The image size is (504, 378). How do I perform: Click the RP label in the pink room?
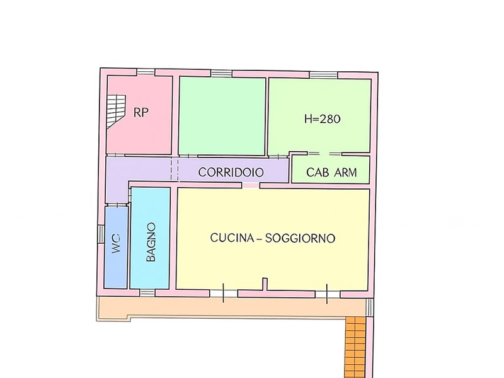pos(141,113)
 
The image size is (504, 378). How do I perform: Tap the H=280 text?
pos(323,119)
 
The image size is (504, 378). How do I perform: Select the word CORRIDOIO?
pos(231,173)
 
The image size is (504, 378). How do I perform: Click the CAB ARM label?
pos(332,173)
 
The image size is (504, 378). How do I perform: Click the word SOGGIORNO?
pos(301,238)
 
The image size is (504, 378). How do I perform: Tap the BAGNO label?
pos(151,242)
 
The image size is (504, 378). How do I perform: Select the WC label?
pos(116,244)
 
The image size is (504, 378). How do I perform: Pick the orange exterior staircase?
pos(356,347)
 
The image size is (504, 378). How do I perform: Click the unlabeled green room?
pos(222,116)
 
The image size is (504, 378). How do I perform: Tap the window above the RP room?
pos(146,72)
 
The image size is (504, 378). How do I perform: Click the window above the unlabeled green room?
pos(222,73)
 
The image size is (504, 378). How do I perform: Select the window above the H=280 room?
pos(324,75)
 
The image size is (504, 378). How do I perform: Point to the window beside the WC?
pos(101,234)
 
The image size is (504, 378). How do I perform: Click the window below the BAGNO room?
pos(147,293)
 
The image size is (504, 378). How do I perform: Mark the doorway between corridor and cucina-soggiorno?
pos(251,185)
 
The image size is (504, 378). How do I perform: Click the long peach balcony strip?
pos(231,307)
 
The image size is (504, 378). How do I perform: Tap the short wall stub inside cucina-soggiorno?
pos(265,284)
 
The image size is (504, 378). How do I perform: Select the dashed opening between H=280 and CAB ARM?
pos(324,154)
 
